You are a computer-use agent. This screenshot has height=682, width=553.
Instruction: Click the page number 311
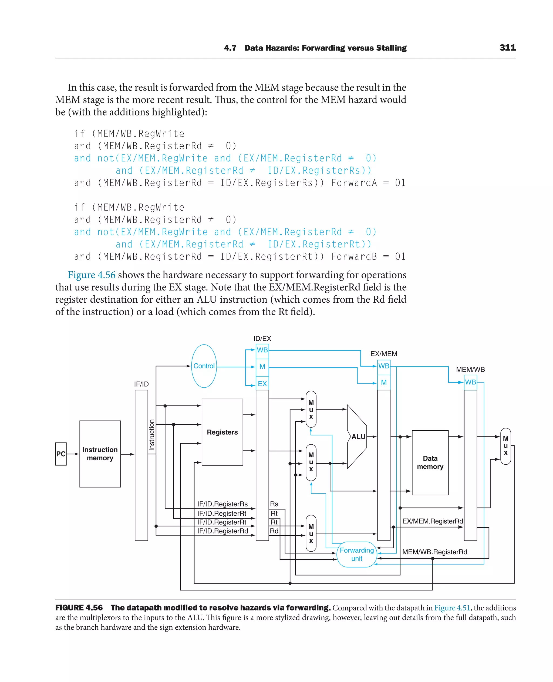coord(507,48)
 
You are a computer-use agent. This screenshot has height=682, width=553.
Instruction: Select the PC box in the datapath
coord(61,454)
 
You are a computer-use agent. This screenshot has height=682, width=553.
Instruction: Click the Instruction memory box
coord(100,454)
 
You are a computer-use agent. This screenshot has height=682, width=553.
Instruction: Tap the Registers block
coord(222,432)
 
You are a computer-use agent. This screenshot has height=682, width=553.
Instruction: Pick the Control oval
coord(204,366)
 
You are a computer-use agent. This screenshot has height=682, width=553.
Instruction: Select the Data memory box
coord(430,462)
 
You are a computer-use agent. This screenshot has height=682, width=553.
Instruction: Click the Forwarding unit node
coord(357,554)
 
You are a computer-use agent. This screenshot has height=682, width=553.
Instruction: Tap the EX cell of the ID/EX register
coord(262,384)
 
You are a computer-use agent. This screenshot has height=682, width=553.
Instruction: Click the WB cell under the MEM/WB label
coord(470,382)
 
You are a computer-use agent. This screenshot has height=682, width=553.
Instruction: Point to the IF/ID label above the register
coord(141,384)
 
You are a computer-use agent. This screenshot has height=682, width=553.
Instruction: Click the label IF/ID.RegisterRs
coord(222,504)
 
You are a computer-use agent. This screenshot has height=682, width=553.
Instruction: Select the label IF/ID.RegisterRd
coord(222,531)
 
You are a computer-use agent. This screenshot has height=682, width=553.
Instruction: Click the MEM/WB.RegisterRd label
coord(434,552)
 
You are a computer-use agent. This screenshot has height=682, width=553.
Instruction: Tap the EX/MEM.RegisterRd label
coord(433,521)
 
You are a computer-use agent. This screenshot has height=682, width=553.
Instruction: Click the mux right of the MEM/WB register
coord(505,446)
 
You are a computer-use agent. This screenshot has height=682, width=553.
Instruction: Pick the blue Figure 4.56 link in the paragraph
coord(92,275)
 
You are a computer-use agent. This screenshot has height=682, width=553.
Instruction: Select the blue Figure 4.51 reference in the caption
coord(452,608)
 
